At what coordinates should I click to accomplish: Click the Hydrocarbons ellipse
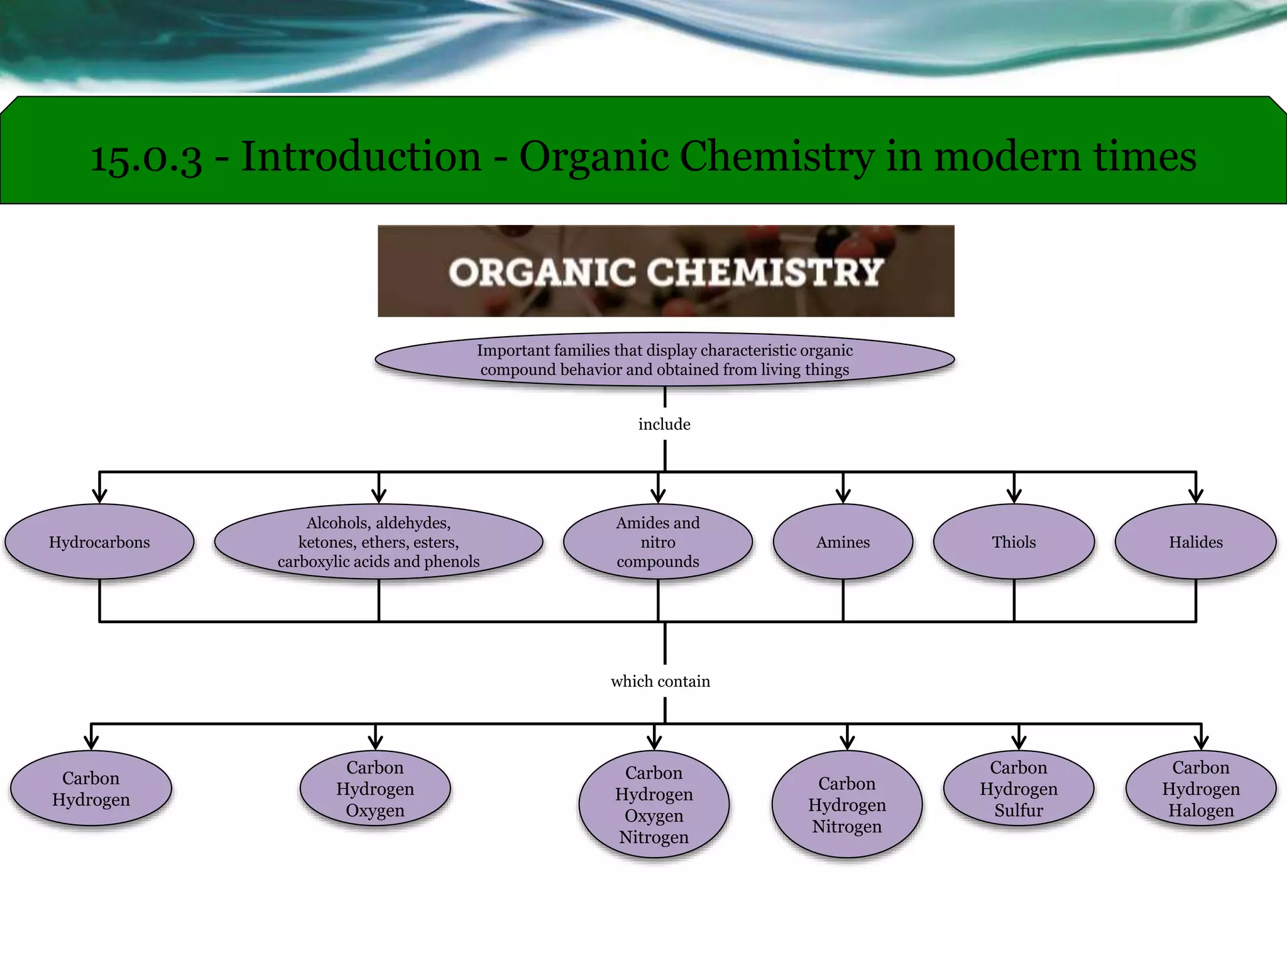[99, 542]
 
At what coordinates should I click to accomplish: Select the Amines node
[843, 542]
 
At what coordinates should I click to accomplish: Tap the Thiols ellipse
[1014, 542]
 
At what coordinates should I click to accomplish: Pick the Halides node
[1195, 542]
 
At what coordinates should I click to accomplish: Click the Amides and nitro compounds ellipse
[657, 542]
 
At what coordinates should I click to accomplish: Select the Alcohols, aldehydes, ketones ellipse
[378, 542]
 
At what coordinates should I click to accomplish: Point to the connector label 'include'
[664, 424]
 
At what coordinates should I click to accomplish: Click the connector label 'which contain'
[660, 681]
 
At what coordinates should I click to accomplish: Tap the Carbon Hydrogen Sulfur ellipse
[1018, 788]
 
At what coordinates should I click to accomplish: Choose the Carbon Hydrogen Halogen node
[1201, 788]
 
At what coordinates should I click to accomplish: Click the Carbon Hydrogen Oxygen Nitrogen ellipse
[654, 804]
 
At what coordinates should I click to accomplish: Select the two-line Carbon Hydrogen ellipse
[91, 788]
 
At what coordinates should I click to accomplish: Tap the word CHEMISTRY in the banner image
[765, 272]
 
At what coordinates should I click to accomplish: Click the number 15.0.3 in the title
[146, 157]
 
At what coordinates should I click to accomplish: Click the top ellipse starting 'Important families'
[664, 359]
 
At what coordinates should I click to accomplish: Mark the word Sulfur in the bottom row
[1018, 810]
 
